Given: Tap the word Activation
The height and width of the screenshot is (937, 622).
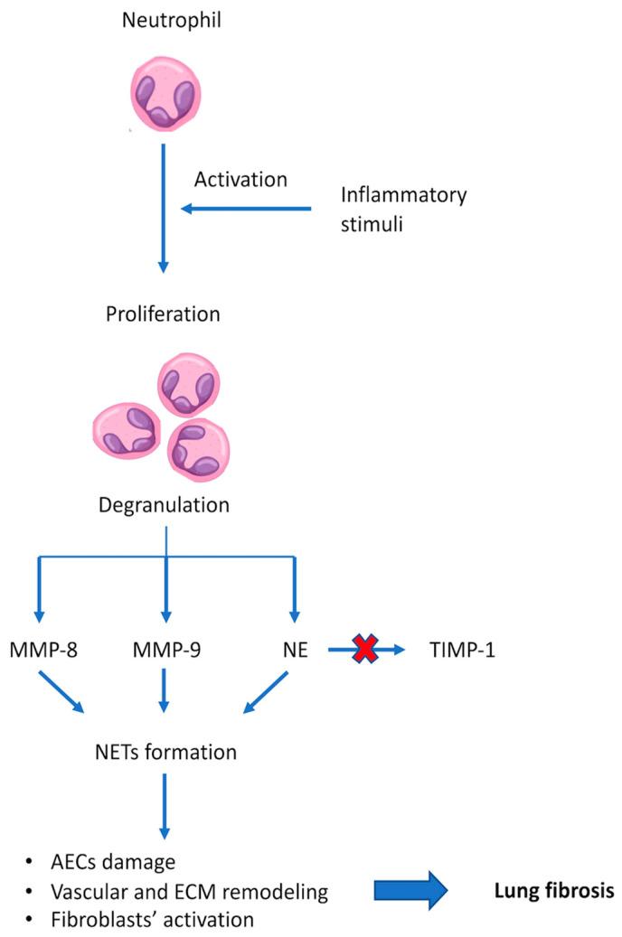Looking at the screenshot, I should tap(240, 179).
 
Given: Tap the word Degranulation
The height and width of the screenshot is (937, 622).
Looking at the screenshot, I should tap(164, 505).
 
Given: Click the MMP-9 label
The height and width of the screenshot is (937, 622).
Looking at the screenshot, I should tap(165, 649).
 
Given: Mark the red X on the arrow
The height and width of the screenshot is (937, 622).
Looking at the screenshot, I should tap(366, 648).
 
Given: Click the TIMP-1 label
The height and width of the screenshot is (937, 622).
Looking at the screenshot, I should tap(463, 649).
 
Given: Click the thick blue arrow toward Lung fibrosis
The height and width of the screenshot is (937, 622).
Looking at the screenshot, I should tap(410, 891).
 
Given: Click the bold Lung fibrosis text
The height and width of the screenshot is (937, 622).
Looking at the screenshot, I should tap(553, 891).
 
